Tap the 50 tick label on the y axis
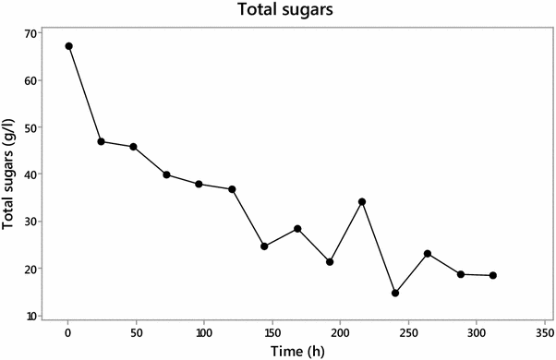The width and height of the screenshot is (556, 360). point(30,128)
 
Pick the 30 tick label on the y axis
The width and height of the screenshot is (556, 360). point(30,222)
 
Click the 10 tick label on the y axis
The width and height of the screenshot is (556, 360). point(30,317)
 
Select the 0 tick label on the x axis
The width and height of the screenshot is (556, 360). point(68,330)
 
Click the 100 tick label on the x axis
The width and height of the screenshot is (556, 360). point(204,330)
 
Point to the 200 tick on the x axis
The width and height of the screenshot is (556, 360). point(340,330)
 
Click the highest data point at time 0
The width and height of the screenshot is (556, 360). point(68,46)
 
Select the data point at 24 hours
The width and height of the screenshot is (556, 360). point(101,141)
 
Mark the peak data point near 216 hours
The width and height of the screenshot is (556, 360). point(362,201)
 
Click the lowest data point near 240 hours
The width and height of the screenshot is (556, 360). point(395,293)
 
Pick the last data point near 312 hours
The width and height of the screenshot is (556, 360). point(492,275)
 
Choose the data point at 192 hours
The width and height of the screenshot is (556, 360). point(330,262)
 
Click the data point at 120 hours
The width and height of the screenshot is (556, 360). point(232,189)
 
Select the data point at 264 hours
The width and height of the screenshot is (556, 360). point(428,253)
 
